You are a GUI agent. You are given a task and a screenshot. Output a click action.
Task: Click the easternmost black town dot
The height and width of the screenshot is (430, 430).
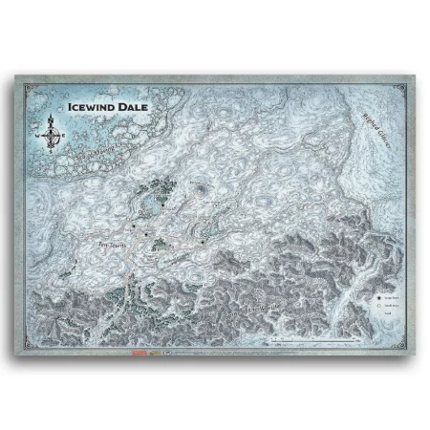tap(203, 242)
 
